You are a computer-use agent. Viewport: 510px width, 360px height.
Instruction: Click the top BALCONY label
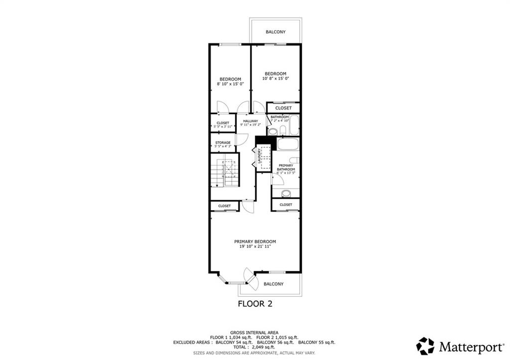tap(275, 32)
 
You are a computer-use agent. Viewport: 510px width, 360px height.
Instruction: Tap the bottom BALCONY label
tap(273, 284)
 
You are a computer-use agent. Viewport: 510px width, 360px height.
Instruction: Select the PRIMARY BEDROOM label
tap(255, 241)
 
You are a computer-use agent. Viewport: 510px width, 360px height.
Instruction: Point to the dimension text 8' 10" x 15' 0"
tap(231, 85)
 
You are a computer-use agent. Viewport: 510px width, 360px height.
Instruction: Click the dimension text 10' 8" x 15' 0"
tap(275, 78)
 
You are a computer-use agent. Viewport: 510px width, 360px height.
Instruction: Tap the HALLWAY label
tap(251, 121)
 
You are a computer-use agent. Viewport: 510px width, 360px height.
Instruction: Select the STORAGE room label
tap(223, 143)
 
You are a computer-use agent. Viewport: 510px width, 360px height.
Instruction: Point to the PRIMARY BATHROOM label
tap(286, 167)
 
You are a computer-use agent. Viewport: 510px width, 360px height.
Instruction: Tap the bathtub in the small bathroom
tap(294, 125)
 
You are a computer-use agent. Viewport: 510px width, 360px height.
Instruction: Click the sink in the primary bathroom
tap(286, 194)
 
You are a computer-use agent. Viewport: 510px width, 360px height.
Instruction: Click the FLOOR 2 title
tap(255, 303)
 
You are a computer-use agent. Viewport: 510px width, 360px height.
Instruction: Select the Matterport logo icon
tap(425, 346)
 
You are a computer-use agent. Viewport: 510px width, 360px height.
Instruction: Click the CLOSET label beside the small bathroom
tap(283, 108)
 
